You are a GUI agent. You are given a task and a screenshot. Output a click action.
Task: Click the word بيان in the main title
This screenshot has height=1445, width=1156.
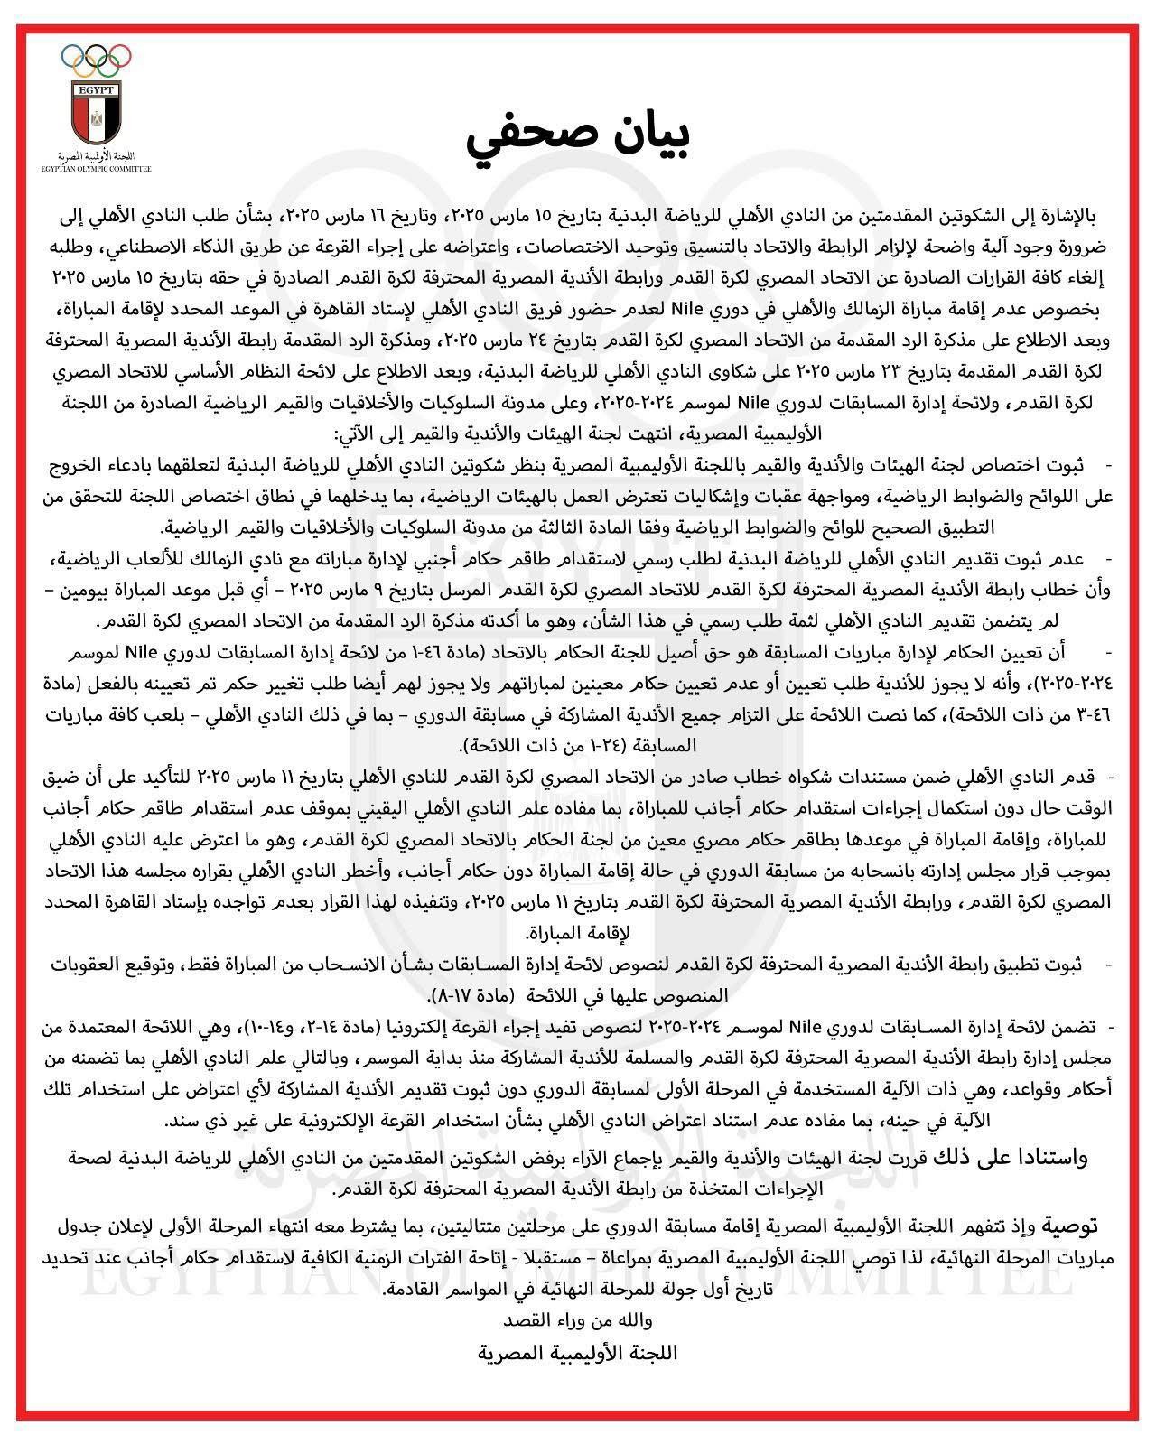click(x=638, y=141)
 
